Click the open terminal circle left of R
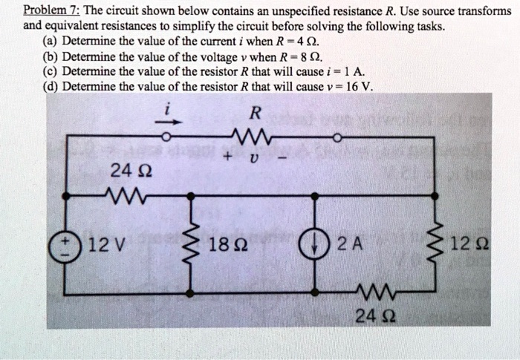(169, 137)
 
